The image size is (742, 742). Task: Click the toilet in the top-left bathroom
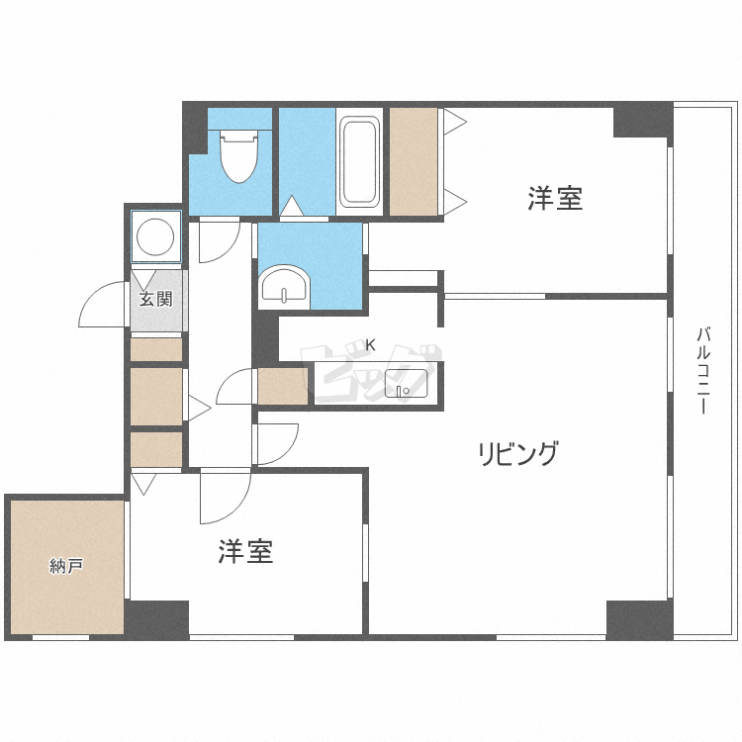pos(237,157)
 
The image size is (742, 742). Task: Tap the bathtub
pos(358,162)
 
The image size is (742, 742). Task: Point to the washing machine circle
pos(156,237)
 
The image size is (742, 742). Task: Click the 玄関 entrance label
pos(156,298)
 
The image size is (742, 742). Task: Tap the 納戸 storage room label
pos(66,567)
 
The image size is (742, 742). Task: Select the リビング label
pos(518,454)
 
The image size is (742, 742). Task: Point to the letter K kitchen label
pos(371,345)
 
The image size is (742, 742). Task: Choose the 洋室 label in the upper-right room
pos(554,199)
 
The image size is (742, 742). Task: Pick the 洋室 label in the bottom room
pos(245,551)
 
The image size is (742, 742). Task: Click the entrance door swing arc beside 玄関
pos(101,306)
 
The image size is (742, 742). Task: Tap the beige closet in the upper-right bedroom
pos(414,161)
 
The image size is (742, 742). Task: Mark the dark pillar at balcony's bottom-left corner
pos(638,618)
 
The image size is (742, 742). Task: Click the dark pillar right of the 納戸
pos(156,618)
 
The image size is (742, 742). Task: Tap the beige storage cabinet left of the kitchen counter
pos(283,387)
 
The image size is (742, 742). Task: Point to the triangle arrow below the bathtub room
pos(292,207)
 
